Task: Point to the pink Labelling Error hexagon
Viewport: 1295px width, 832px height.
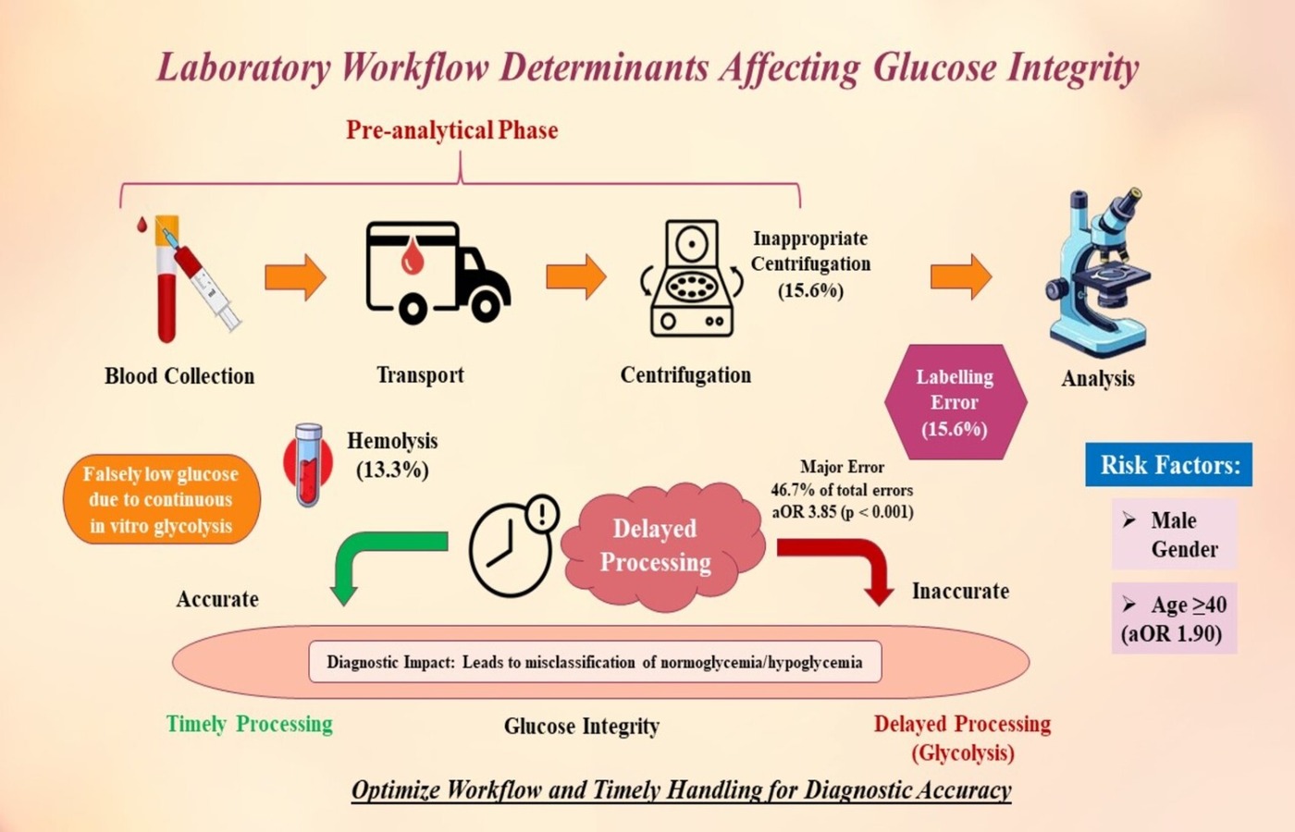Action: coord(955,402)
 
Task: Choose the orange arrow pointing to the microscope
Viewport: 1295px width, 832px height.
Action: coord(961,276)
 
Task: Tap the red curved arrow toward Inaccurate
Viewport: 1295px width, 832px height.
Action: coord(838,565)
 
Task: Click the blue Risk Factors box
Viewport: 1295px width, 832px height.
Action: coord(1168,464)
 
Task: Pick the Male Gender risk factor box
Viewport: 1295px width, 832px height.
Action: coord(1174,534)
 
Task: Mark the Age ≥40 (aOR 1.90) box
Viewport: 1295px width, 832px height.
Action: coord(1174,618)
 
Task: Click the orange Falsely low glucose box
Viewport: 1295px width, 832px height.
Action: coord(161,499)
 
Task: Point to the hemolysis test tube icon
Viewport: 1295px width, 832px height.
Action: coord(308,464)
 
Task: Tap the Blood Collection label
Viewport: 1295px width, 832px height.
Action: coord(179,376)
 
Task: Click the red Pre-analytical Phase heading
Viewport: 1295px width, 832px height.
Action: coord(451,130)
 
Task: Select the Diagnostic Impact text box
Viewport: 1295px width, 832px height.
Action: coord(594,662)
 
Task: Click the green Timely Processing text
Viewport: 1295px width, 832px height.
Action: coord(249,724)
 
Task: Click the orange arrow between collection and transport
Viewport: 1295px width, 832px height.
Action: coord(295,276)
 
